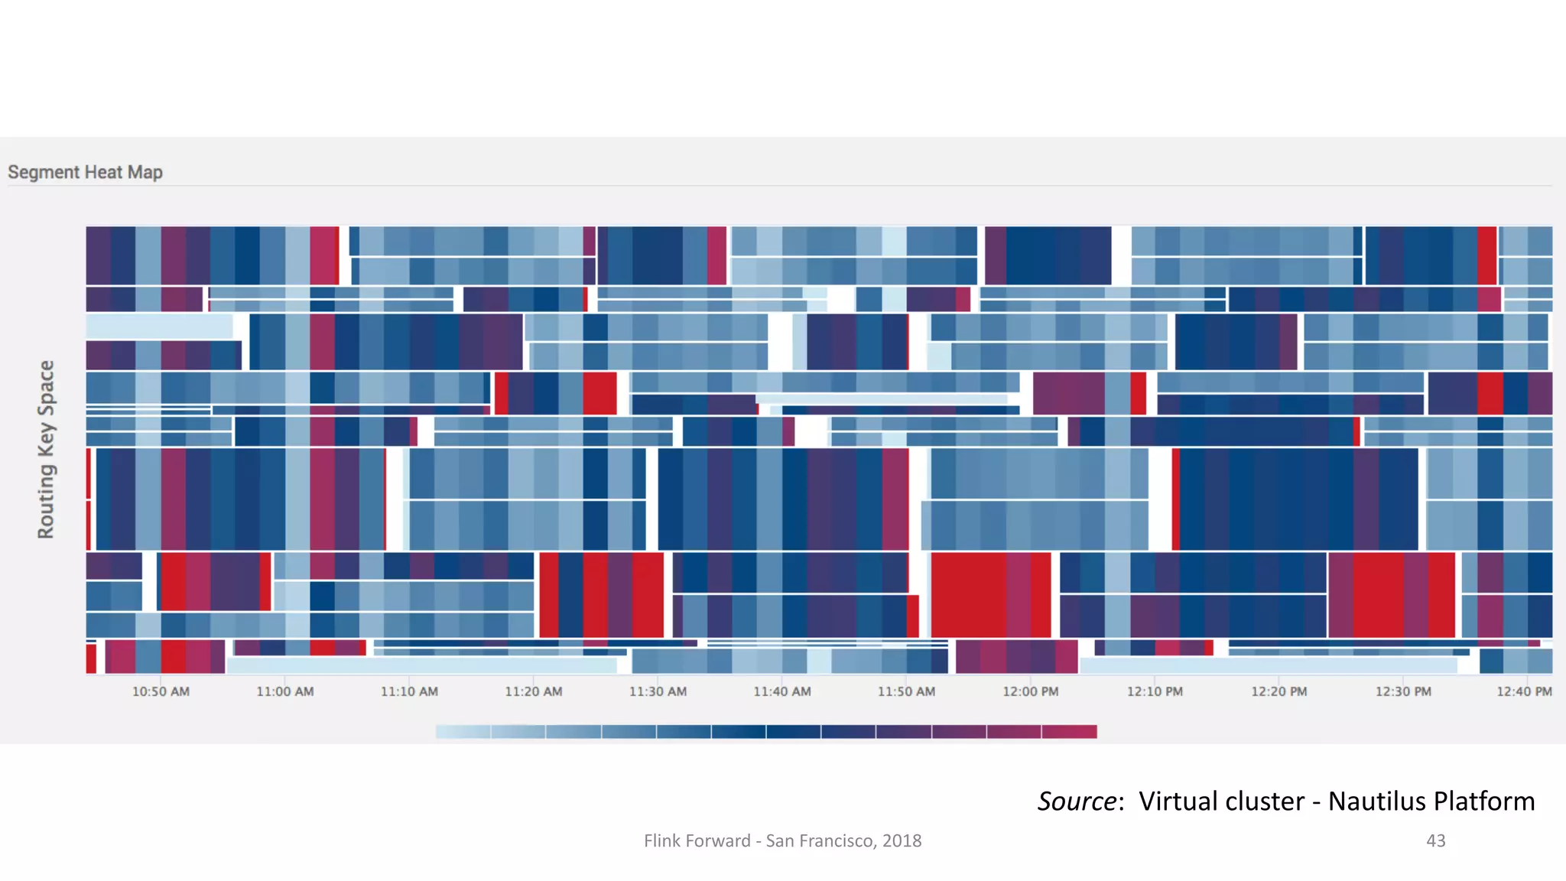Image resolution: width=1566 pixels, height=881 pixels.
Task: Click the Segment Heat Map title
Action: [x=85, y=172]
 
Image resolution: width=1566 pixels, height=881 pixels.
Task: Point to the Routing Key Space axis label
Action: [x=46, y=449]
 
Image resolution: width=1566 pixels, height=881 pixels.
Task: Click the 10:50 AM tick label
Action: [x=161, y=691]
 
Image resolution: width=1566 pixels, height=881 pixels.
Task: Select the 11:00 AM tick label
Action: [x=284, y=691]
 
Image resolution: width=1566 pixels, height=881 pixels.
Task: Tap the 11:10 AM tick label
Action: [x=409, y=691]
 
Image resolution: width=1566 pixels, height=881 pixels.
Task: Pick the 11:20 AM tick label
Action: [x=533, y=691]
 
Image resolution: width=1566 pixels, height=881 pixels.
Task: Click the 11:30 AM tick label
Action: [x=658, y=691]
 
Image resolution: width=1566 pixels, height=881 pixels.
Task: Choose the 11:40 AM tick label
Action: [x=781, y=691]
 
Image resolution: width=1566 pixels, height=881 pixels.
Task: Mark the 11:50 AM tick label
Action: [x=906, y=691]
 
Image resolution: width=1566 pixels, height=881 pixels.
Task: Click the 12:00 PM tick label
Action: [x=1030, y=691]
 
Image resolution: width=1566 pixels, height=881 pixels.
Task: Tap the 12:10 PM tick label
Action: [x=1155, y=691]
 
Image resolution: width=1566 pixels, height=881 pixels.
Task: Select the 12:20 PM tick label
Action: [x=1278, y=691]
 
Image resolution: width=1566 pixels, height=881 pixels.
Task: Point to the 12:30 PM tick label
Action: [x=1403, y=691]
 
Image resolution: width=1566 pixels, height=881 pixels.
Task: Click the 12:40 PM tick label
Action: [x=1523, y=691]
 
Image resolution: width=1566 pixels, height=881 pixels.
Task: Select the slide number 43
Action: [x=1435, y=840]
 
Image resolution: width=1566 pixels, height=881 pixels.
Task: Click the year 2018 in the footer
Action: [x=902, y=840]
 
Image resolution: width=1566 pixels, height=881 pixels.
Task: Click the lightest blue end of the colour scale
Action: [x=451, y=732]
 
